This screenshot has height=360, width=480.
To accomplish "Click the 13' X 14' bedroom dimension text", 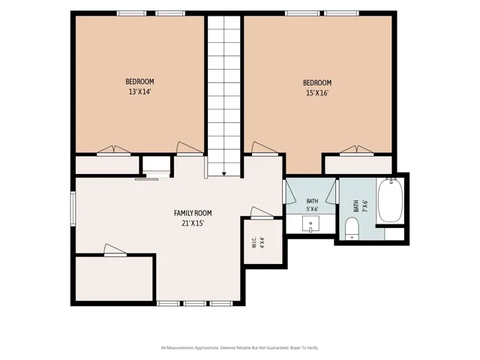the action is [140, 91].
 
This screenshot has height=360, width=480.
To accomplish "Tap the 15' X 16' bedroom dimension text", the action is [317, 93].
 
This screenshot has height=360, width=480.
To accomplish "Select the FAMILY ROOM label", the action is [193, 213].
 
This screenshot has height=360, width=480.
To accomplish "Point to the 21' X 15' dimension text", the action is [193, 223].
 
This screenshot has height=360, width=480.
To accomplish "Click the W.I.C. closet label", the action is [254, 242].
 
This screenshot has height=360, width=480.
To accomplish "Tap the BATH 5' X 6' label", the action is [312, 205].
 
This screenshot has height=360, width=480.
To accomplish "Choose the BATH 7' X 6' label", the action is [360, 206].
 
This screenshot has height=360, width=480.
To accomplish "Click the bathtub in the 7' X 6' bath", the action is [390, 200].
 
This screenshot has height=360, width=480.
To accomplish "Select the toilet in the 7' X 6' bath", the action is [352, 229].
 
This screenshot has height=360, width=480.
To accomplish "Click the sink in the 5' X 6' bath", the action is [310, 223].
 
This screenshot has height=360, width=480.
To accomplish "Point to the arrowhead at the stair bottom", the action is [224, 174].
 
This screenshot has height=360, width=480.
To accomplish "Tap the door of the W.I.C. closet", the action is [262, 213].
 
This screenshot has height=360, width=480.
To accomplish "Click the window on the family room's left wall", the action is [73, 208].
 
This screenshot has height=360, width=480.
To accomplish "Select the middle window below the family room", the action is [195, 303].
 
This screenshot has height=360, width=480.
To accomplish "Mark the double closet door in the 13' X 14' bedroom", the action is [114, 151].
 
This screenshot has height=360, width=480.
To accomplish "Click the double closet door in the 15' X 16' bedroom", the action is [357, 151].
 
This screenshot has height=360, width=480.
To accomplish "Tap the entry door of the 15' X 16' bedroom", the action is [265, 148].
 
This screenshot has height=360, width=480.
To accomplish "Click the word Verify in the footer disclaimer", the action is [313, 348].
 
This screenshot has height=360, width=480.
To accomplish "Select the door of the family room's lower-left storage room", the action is [115, 250].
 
